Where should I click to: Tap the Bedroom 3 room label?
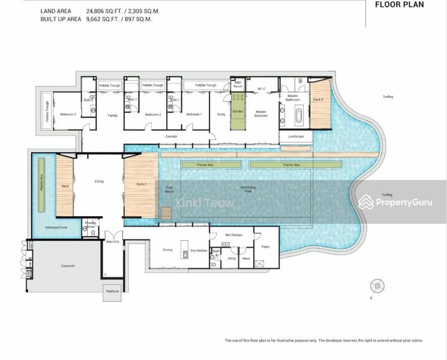(67, 114)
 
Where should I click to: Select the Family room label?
(112, 115)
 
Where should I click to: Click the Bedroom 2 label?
(152, 114)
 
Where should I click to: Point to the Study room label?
(221, 114)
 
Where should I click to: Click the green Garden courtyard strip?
(238, 114)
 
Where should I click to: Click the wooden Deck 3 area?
(320, 108)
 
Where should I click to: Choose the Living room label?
(99, 181)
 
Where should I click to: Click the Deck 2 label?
(141, 184)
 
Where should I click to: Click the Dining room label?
(168, 250)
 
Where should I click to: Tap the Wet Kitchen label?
(233, 235)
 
